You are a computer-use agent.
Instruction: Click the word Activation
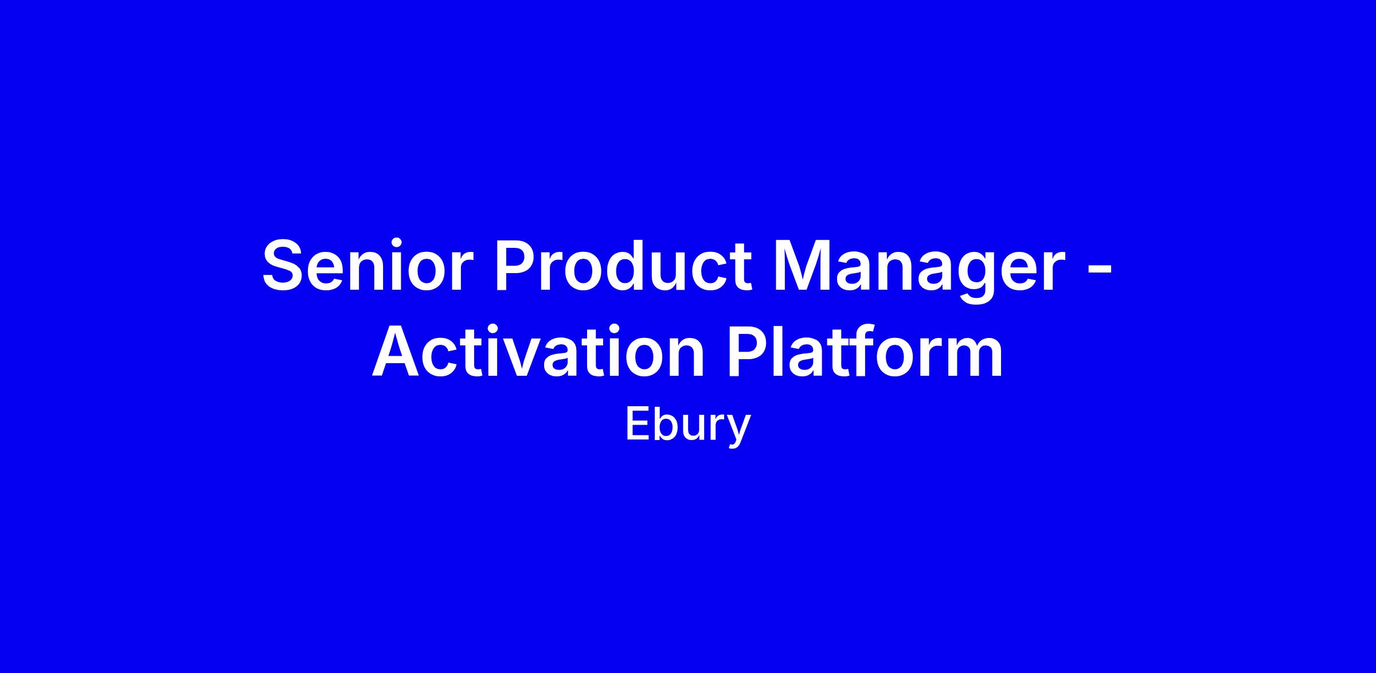point(538,351)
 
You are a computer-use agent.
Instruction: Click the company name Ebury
point(688,426)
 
